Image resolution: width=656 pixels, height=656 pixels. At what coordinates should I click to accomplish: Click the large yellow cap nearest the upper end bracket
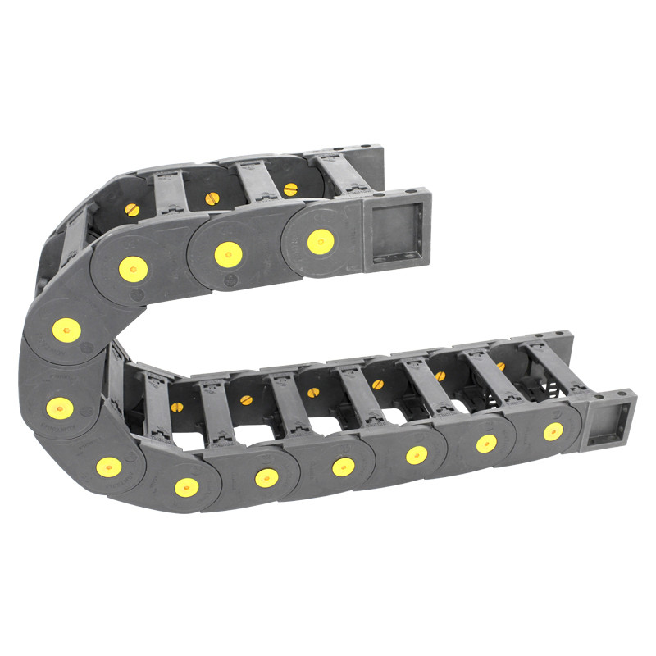[x=320, y=240]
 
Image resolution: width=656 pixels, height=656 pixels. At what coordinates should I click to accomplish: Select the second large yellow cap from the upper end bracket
[x=228, y=254]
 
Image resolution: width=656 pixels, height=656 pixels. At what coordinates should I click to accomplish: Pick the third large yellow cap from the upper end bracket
[x=134, y=268]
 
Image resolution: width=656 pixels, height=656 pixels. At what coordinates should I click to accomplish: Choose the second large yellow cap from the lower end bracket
[x=486, y=444]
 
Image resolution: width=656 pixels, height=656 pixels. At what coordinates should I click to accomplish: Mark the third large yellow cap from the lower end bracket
[x=417, y=455]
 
